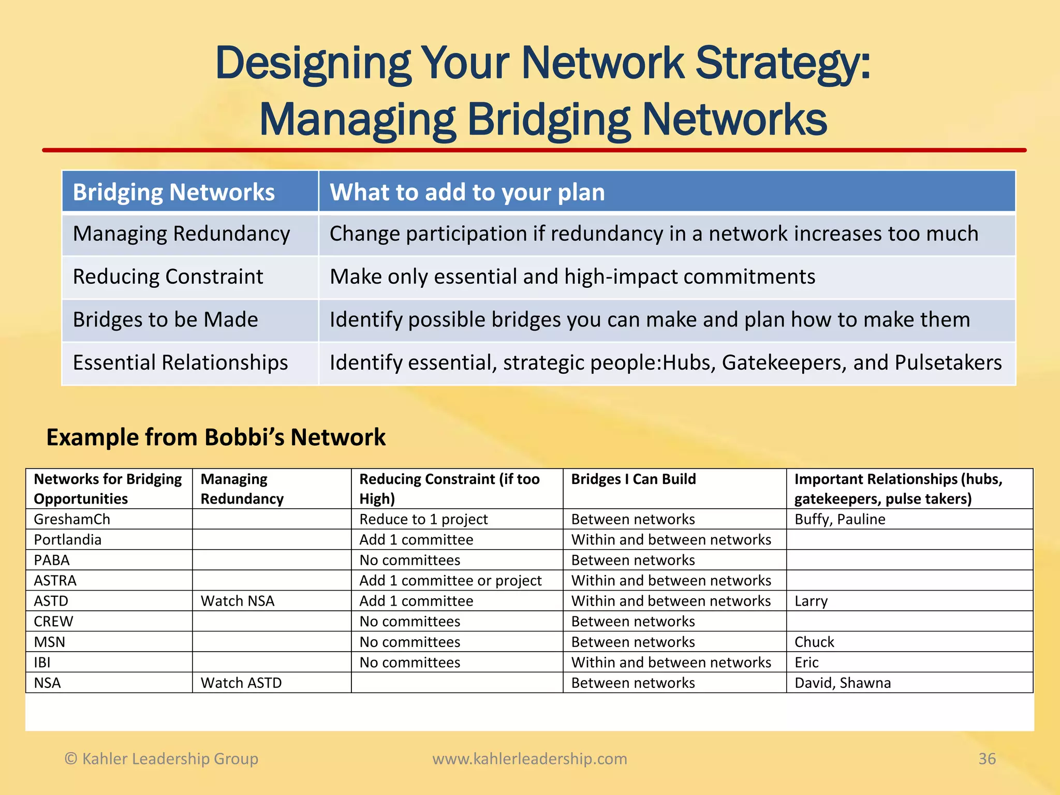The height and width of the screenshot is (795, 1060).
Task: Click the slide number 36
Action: (987, 759)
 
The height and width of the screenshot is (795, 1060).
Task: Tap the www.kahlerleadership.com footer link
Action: (529, 759)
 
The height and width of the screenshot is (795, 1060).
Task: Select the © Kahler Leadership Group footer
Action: (161, 759)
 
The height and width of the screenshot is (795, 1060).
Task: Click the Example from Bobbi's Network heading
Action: (216, 437)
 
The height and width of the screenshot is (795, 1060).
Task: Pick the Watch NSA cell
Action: (238, 601)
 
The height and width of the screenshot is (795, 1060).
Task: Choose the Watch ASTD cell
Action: (241, 683)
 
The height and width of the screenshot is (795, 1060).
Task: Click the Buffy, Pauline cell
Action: (840, 519)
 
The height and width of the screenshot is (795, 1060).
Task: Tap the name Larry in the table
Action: (811, 601)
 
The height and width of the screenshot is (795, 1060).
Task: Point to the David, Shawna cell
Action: (843, 683)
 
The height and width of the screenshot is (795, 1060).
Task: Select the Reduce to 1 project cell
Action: (423, 519)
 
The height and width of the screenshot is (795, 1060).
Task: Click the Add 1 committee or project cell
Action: (450, 581)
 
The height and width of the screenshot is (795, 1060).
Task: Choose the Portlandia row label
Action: (68, 540)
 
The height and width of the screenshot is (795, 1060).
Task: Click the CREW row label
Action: (54, 622)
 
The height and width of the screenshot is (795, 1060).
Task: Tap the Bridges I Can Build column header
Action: (633, 479)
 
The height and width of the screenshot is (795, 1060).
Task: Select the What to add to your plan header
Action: (467, 192)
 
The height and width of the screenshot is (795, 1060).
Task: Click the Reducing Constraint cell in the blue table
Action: (168, 277)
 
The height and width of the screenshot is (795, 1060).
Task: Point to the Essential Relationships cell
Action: (180, 363)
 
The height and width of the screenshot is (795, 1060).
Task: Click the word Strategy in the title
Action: (782, 65)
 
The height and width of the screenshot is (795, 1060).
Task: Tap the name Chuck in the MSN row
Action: (814, 642)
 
